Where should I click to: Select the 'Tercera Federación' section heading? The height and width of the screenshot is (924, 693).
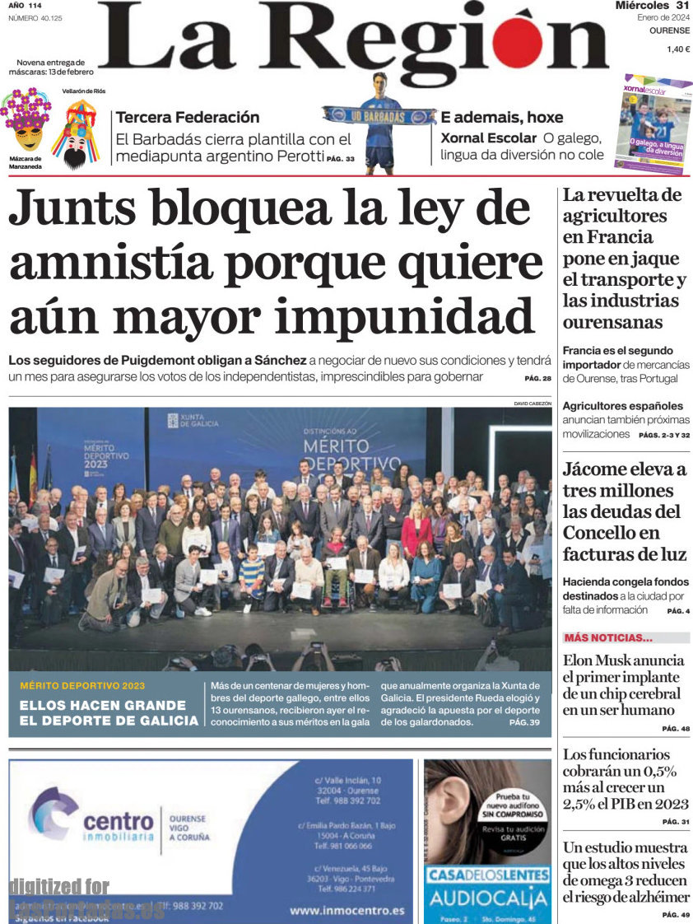click(x=188, y=117)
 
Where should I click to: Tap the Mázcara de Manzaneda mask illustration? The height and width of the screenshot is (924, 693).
click(x=25, y=121)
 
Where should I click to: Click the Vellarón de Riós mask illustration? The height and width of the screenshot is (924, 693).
click(x=76, y=132)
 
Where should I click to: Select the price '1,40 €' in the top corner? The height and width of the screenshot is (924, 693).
click(x=677, y=49)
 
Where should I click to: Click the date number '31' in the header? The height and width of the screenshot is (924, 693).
click(x=681, y=7)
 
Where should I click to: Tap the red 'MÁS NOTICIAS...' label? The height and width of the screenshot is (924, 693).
click(x=608, y=637)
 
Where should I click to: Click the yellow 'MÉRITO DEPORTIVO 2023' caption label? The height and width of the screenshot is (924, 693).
click(x=82, y=686)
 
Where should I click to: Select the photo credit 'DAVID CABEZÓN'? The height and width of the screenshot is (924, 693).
click(x=532, y=404)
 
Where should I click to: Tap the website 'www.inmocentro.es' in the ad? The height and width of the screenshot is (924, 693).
click(x=347, y=910)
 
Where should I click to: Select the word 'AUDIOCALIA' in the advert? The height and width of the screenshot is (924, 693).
click(x=487, y=897)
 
